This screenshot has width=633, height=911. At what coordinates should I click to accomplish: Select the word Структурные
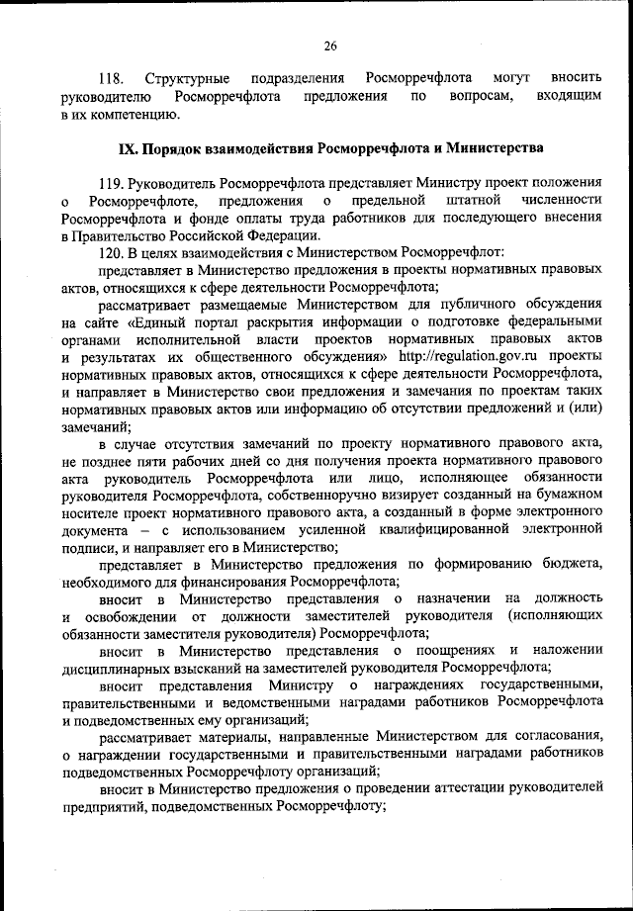[188, 77]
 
